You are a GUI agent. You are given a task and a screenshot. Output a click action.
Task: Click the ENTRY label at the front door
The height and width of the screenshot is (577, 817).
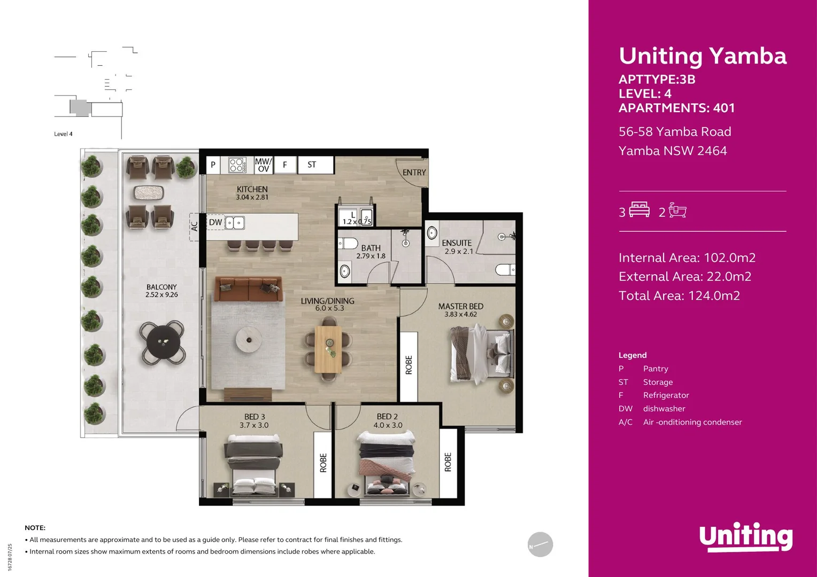click(x=414, y=173)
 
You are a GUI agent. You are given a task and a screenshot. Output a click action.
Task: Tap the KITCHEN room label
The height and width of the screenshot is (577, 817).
click(x=252, y=189)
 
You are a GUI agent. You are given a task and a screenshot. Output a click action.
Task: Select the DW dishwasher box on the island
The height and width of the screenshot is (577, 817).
click(x=215, y=222)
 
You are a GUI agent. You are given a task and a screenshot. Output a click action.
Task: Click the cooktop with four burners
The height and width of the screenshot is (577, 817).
click(x=237, y=165)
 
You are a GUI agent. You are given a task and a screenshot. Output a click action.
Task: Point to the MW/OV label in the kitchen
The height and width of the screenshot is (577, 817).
click(x=263, y=165)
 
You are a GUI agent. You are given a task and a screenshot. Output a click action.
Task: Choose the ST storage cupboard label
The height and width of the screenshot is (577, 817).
click(x=312, y=165)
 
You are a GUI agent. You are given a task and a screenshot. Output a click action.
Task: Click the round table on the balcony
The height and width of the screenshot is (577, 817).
click(x=163, y=342)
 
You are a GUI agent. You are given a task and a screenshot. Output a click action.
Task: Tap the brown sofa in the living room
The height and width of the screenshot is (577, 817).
click(x=249, y=289)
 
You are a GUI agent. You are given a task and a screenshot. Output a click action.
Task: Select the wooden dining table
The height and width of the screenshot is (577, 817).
click(x=328, y=349)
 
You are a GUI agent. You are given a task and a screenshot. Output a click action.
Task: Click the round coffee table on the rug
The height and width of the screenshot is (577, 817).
click(x=249, y=339)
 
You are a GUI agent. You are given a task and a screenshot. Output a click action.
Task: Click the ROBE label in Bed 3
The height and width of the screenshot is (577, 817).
click(x=323, y=463)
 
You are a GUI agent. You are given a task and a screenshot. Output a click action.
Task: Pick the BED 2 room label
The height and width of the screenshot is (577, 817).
click(x=387, y=416)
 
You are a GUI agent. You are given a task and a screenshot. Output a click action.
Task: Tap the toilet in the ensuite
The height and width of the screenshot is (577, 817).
click(x=504, y=270)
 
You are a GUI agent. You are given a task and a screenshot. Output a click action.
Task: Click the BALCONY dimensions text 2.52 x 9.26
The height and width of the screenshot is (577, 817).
click(x=161, y=295)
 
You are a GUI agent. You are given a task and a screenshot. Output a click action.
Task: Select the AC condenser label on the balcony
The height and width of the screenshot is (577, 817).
click(x=194, y=227)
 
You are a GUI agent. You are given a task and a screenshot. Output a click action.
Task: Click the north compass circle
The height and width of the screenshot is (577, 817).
click(x=540, y=544)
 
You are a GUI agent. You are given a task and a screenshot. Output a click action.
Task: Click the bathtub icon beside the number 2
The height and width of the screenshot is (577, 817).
click(x=677, y=210)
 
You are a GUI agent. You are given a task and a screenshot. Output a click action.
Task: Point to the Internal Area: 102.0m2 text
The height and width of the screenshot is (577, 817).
click(x=687, y=258)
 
